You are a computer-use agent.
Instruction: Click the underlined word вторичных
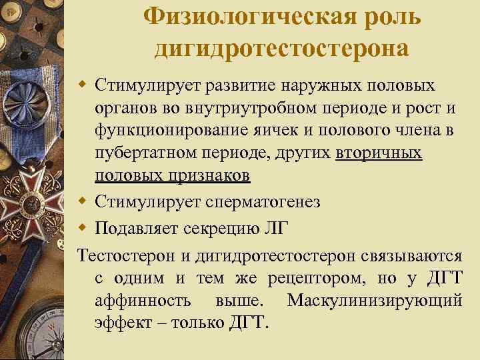click(379, 154)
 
